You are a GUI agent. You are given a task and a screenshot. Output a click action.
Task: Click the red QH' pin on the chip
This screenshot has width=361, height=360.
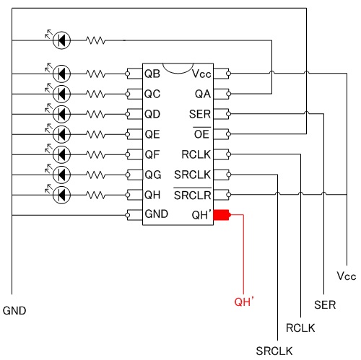[x=222, y=215]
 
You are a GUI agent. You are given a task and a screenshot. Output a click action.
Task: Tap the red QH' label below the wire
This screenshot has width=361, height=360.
[x=244, y=302]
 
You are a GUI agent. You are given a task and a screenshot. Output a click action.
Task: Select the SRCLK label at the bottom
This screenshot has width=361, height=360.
[x=274, y=351]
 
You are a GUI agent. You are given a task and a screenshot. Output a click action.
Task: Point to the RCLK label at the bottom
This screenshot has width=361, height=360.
[x=300, y=328]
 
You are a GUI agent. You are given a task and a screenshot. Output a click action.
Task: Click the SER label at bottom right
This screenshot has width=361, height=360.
[x=325, y=305]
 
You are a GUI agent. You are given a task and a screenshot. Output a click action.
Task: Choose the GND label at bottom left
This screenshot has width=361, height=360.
[x=14, y=311]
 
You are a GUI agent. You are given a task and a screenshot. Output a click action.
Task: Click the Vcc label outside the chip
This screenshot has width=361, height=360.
[x=347, y=276]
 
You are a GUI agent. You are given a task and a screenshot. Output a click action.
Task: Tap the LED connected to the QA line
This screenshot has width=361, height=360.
[x=61, y=40]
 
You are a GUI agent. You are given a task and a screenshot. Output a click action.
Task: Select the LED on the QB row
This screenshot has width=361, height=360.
[x=61, y=74]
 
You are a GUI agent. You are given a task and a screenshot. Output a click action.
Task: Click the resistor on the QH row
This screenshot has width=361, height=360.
[x=95, y=195]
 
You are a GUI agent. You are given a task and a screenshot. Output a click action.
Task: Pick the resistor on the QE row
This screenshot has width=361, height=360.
[x=95, y=134]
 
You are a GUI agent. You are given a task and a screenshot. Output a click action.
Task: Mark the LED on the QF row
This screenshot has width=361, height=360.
[x=61, y=154]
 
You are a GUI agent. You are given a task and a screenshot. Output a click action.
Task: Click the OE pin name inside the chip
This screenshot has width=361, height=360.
[x=201, y=133]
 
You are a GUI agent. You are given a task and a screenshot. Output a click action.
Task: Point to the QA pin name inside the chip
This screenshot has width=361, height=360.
[x=203, y=94]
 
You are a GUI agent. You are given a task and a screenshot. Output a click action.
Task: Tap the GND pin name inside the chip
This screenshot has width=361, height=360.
[x=157, y=214]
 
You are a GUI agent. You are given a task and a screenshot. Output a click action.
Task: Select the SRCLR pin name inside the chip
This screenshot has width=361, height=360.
[x=193, y=194]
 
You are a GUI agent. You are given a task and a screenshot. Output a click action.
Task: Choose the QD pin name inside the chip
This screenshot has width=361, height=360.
[x=152, y=114]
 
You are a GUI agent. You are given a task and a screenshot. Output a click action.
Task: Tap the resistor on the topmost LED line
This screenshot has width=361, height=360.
[x=95, y=40]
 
